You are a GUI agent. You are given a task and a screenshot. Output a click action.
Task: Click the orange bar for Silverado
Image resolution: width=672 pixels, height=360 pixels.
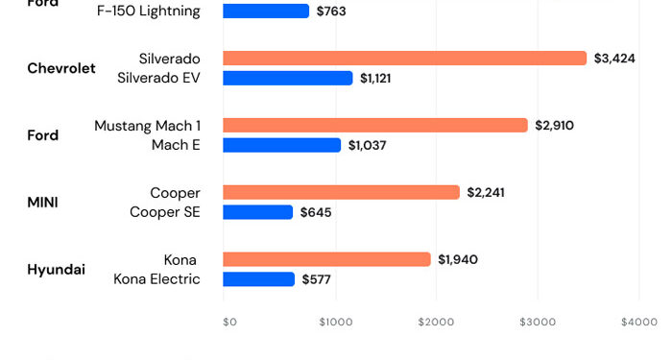pos(404,59)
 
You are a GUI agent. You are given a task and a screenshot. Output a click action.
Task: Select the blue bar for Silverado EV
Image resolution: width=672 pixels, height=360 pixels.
pos(288,78)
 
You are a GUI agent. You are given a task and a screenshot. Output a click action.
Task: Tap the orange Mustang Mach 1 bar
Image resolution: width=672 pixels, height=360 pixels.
pos(375,126)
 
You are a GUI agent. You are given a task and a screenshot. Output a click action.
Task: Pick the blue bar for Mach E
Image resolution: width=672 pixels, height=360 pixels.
pos(282,145)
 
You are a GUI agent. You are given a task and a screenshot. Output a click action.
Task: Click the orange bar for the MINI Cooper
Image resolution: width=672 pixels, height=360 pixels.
pos(342,193)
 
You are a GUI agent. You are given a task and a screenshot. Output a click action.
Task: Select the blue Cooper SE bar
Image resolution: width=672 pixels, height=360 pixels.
pos(258,212)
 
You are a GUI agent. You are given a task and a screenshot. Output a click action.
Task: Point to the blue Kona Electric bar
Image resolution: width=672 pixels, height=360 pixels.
pos(259,279)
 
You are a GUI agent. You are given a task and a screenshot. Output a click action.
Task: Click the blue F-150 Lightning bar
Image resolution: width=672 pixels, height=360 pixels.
pos(266,12)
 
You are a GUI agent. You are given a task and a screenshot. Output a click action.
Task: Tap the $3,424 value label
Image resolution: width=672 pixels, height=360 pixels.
pos(614,59)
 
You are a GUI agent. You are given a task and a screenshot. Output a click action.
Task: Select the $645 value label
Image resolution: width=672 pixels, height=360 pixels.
pos(316,212)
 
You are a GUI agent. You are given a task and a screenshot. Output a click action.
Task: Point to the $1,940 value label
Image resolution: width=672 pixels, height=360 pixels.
pos(458,260)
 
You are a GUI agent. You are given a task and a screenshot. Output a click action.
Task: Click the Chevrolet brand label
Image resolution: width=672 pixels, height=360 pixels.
pos(61,68)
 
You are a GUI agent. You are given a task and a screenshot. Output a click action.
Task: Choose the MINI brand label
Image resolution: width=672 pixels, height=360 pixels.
pos(42,203)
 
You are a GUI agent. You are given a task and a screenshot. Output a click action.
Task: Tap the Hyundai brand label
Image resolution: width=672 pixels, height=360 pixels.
pos(56,270)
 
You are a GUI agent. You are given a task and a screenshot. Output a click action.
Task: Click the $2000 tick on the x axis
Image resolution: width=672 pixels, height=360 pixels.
pos(435,323)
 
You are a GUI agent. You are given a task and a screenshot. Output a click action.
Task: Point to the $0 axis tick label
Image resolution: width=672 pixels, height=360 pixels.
pos(229,323)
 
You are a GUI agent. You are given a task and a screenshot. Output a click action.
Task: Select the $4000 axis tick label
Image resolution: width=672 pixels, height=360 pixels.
pos(638,323)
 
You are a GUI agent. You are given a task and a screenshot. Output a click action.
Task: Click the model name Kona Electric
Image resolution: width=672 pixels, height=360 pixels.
pos(156,279)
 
